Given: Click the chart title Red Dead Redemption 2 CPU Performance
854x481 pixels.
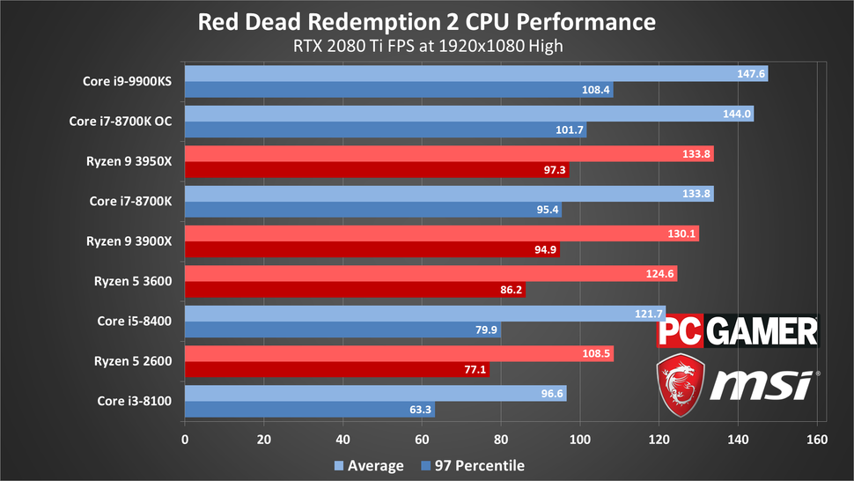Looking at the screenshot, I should pos(426,21).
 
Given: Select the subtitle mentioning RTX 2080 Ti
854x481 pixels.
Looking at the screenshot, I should pos(426,45).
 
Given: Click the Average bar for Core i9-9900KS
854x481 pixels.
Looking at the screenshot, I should pos(475,74).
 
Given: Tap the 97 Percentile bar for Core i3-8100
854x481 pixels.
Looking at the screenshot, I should pos(309,410).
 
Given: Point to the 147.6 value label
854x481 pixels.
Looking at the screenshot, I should pos(751,74).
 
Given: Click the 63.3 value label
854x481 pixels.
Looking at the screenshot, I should pos(418,410).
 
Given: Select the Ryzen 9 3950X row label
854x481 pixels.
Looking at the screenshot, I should pos(129,162).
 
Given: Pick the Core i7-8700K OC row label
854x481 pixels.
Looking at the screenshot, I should pos(120,122).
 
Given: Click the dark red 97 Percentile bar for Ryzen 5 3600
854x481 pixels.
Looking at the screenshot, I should pos(355,289).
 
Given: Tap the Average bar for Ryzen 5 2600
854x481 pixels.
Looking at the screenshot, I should pos(399,353).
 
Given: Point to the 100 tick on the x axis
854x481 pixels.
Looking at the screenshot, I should pos(580,439).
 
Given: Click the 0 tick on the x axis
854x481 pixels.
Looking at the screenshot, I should pos(185,439).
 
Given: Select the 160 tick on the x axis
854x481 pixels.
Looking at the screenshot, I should pos(817,439).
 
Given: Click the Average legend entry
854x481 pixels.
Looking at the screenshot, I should pos(369,465).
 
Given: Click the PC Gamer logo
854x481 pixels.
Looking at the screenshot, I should pos(738,331).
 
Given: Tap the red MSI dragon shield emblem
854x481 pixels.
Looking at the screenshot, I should pos(681,382).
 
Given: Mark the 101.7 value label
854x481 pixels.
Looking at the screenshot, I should pos(569,130).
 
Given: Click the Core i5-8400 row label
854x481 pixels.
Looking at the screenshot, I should pos(135,322).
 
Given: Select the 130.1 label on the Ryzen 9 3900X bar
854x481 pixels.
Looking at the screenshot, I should pos(682,234).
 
